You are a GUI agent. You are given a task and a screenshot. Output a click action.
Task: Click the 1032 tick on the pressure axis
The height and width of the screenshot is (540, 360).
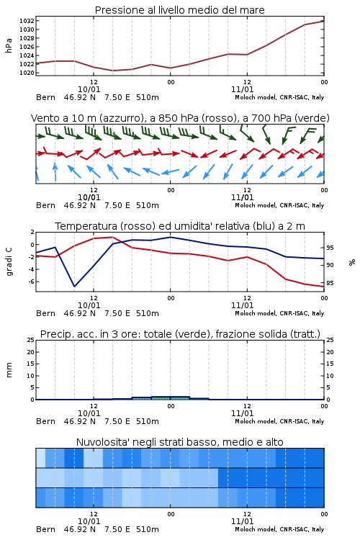(26, 21)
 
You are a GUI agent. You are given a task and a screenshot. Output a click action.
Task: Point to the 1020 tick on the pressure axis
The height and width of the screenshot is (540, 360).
(26, 73)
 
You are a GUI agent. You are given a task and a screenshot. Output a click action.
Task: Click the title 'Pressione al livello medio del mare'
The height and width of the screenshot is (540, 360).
(180, 10)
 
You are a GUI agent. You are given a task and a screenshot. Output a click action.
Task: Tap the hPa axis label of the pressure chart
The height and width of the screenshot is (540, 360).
(9, 45)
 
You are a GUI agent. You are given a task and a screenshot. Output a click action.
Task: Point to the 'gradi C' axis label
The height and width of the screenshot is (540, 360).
(9, 261)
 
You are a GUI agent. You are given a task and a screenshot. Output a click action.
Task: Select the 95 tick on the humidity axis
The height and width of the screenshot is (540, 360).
(330, 248)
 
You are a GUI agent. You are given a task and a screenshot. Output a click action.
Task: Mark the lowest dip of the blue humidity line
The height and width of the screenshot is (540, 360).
(74, 286)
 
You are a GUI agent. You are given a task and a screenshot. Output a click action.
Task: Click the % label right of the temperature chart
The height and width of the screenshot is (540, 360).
(352, 262)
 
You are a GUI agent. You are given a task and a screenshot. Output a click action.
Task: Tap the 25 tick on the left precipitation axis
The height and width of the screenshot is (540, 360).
(30, 340)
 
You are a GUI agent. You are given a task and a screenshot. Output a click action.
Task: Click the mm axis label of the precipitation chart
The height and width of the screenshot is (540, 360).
(9, 370)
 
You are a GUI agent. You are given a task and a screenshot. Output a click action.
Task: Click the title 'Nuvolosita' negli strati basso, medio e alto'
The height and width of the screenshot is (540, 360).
(180, 442)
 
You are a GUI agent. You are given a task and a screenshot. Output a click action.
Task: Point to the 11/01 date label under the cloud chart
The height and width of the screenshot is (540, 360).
(242, 521)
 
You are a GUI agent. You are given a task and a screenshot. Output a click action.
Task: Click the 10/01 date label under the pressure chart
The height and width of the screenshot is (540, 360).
(89, 89)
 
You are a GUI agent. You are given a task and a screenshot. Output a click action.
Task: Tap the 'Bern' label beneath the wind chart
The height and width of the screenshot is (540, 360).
(45, 206)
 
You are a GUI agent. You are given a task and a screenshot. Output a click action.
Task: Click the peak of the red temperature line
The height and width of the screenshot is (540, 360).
(112, 237)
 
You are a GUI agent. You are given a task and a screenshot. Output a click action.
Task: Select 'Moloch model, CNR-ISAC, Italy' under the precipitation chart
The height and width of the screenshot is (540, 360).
(279, 421)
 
